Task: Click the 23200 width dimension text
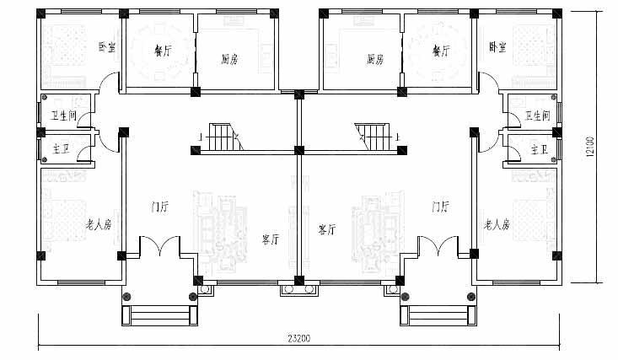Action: [298, 338]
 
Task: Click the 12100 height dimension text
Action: [590, 147]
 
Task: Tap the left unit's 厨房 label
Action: [229, 60]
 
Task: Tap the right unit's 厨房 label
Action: [375, 60]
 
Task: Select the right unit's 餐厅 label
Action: [442, 51]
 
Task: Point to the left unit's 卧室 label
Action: [107, 47]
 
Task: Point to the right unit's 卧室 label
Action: [497, 47]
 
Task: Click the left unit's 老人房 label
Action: [99, 225]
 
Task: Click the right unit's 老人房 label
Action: [497, 225]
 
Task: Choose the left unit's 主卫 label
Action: [61, 149]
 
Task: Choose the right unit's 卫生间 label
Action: [538, 116]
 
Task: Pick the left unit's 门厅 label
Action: [160, 207]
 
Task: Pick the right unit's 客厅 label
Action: [327, 229]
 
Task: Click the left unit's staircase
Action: [223, 137]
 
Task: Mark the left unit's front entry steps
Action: [160, 315]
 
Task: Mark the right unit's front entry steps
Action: [438, 315]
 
